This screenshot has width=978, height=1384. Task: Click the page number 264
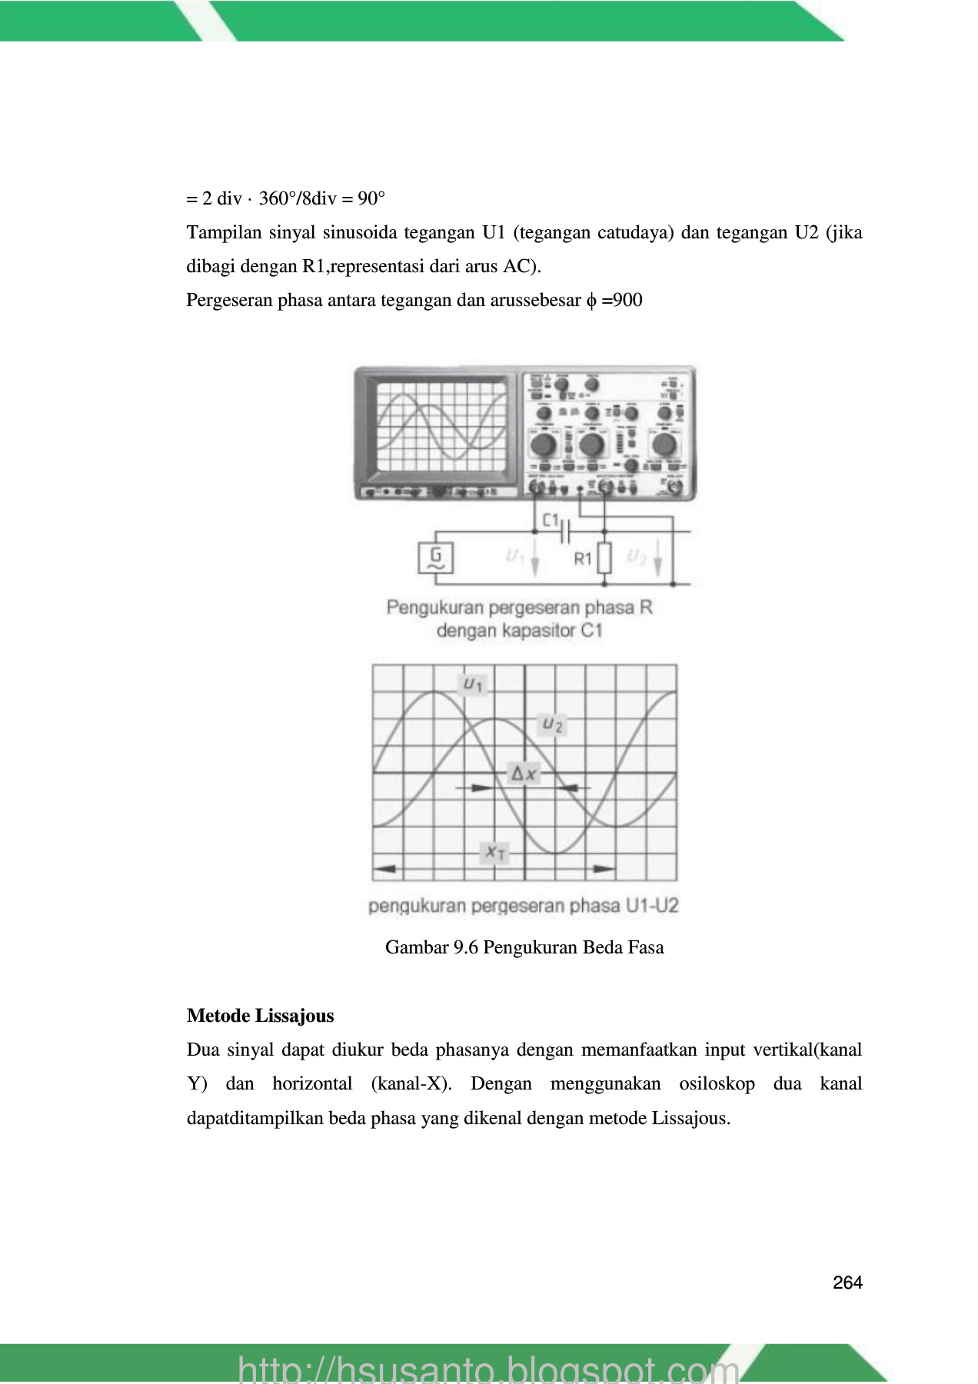coord(847,1282)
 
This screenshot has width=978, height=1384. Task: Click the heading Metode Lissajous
coord(260,1016)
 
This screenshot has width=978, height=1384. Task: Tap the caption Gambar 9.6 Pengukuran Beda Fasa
coord(524,947)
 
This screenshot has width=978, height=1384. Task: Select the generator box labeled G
coord(435,557)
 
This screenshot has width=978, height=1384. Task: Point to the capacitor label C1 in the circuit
coord(551,521)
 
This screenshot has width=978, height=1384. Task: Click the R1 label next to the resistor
coord(583,559)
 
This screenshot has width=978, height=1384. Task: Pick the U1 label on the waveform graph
coord(473,683)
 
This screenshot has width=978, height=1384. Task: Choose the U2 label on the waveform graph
coord(553,724)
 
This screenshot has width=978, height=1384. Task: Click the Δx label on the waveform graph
coord(524,774)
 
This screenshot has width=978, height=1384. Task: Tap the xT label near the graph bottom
coord(494,852)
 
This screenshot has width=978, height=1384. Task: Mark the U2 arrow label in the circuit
coord(637,556)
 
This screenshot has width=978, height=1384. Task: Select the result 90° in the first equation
coord(371,199)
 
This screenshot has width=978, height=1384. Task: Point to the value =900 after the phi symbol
coord(622,300)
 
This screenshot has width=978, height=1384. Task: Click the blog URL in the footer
coord(488,1369)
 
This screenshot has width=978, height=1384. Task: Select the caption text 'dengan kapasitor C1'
coord(519,631)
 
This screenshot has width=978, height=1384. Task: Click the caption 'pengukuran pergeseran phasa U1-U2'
coord(524,906)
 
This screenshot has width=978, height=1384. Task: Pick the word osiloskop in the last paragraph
coord(717,1084)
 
